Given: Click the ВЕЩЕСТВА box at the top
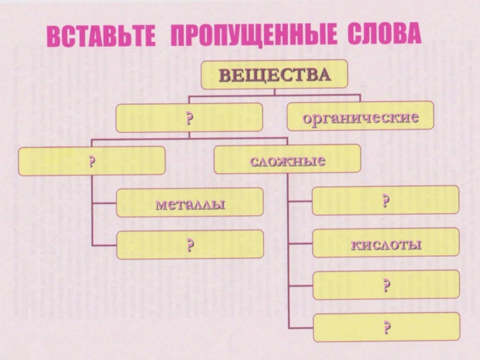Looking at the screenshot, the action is [274, 74].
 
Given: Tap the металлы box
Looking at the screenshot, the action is [190, 202].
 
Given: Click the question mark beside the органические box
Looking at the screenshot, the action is [189, 118].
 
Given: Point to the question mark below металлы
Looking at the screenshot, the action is [190, 245].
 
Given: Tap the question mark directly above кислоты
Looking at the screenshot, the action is [386, 200].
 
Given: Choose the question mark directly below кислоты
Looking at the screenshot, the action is [386, 284].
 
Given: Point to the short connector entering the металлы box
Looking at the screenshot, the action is [104, 203].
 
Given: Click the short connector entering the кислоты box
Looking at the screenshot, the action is [301, 243].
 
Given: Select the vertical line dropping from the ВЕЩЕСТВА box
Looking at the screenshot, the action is [274, 92].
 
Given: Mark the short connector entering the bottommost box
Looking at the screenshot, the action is [301, 328].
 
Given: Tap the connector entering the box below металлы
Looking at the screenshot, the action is [104, 245].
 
